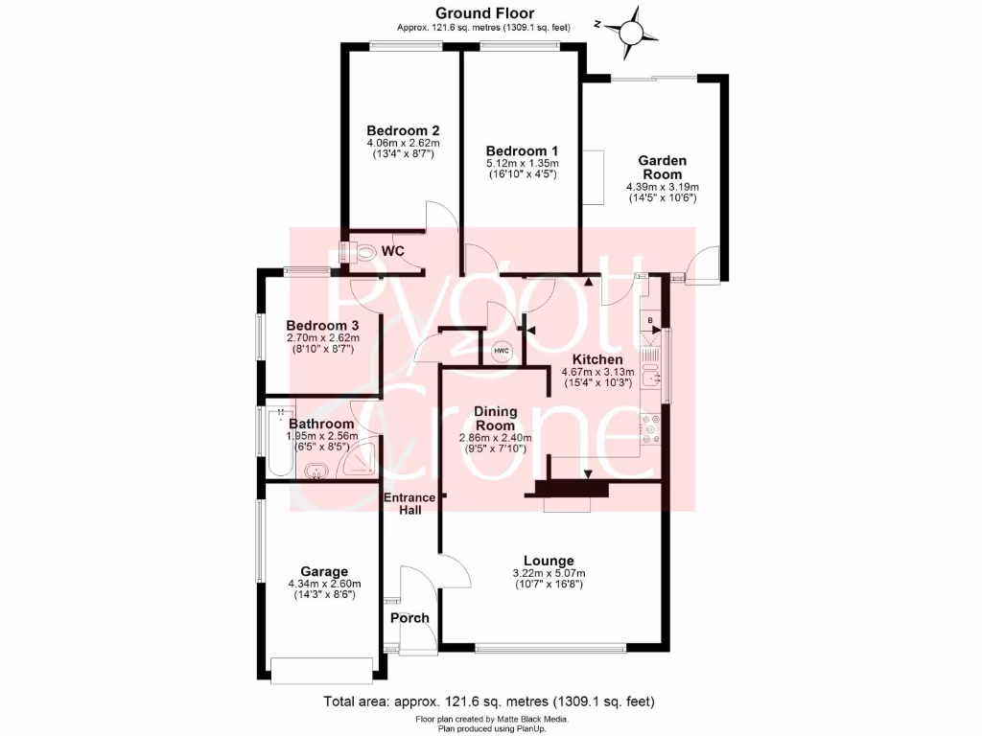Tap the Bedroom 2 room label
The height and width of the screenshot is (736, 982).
click(x=403, y=131)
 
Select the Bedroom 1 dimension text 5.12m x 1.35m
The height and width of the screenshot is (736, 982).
click(x=522, y=164)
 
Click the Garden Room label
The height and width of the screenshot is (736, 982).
click(x=662, y=168)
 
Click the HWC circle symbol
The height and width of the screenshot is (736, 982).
click(x=502, y=351)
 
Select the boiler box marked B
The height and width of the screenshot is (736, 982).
click(x=650, y=318)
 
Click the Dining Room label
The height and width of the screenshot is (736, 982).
click(x=496, y=418)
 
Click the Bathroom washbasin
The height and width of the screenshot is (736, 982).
click(x=316, y=471)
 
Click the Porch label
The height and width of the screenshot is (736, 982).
click(x=409, y=618)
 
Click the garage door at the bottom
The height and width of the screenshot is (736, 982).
click(x=320, y=669)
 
